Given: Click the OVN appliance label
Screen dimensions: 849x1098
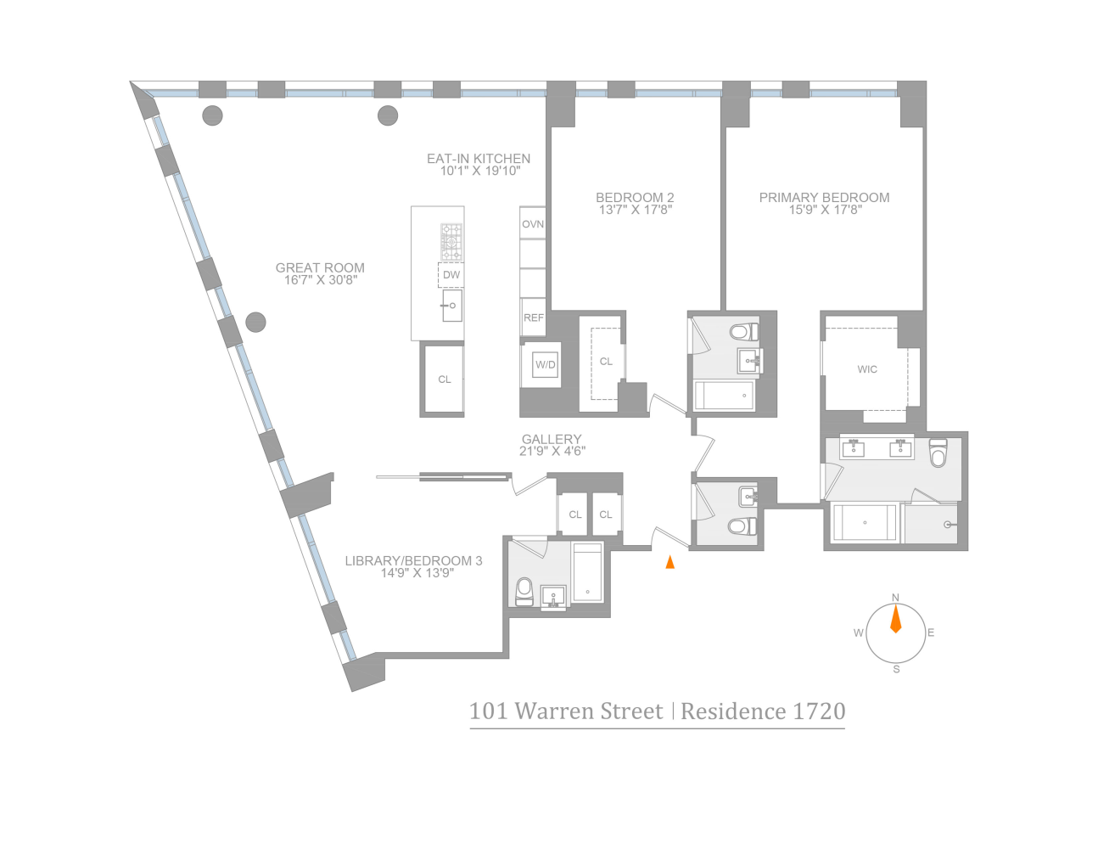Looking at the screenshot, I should point(533,224).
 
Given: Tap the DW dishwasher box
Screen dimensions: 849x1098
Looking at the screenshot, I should point(451,275).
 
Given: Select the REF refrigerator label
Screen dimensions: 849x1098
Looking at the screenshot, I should point(534,318).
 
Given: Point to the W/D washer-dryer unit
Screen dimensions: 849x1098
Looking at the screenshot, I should point(545,365).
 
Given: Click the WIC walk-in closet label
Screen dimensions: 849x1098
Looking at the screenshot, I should point(867,369).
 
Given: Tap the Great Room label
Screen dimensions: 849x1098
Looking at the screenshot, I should point(320,273).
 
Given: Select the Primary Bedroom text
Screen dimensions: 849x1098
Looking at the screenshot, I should point(824,203).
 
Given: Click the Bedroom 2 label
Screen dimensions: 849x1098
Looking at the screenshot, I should point(635,203).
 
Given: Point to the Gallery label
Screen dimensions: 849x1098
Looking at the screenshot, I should point(552,445).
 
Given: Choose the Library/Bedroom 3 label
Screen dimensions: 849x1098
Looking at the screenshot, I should point(413,566).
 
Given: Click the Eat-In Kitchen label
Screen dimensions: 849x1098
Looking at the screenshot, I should point(479,164).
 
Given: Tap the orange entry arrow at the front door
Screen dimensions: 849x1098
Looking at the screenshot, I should point(670,561).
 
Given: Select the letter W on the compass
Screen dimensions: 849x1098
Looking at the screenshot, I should point(859,633).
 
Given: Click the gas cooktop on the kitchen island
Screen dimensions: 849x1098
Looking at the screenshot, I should point(451,242).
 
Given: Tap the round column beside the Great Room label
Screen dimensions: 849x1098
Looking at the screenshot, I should point(255,323).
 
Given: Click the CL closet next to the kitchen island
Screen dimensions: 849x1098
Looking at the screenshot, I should point(444,380).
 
